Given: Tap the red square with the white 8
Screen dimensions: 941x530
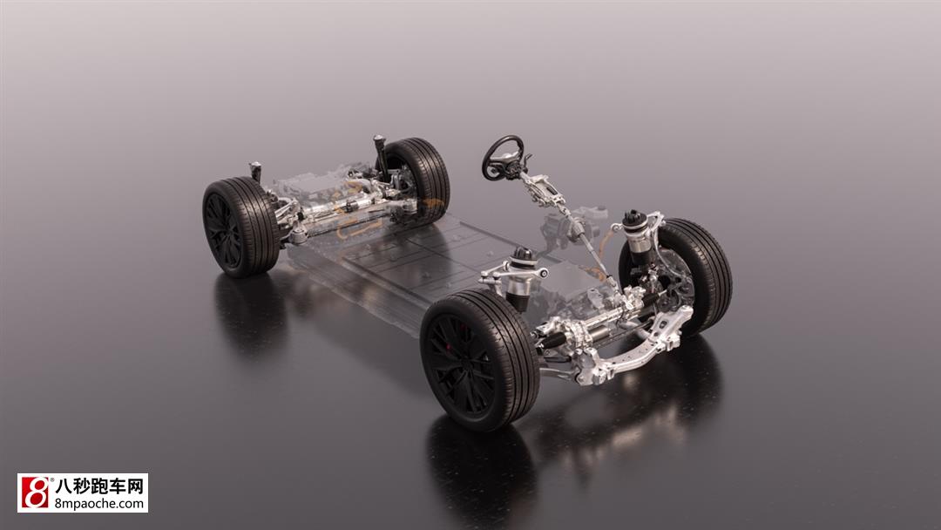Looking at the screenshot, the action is pos(36,493).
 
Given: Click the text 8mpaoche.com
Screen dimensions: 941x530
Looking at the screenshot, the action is pos(99,503).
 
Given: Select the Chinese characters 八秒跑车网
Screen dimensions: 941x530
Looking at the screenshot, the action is pos(99,486).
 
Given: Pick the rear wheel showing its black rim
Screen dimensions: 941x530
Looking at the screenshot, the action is pos(240,227).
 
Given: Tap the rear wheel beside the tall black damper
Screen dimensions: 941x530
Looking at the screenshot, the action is pos(417,180).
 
